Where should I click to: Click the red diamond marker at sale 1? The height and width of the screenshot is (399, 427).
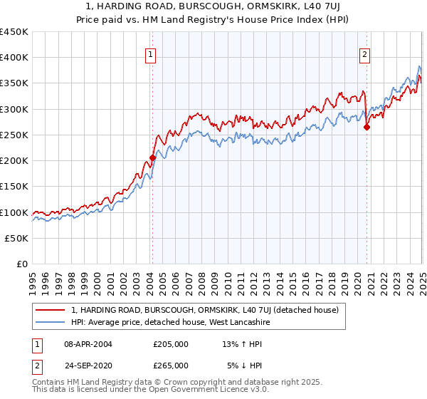coord(152,157)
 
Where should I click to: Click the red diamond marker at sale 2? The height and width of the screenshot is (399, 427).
coord(367,128)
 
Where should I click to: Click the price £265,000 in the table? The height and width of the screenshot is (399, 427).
coord(171,365)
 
